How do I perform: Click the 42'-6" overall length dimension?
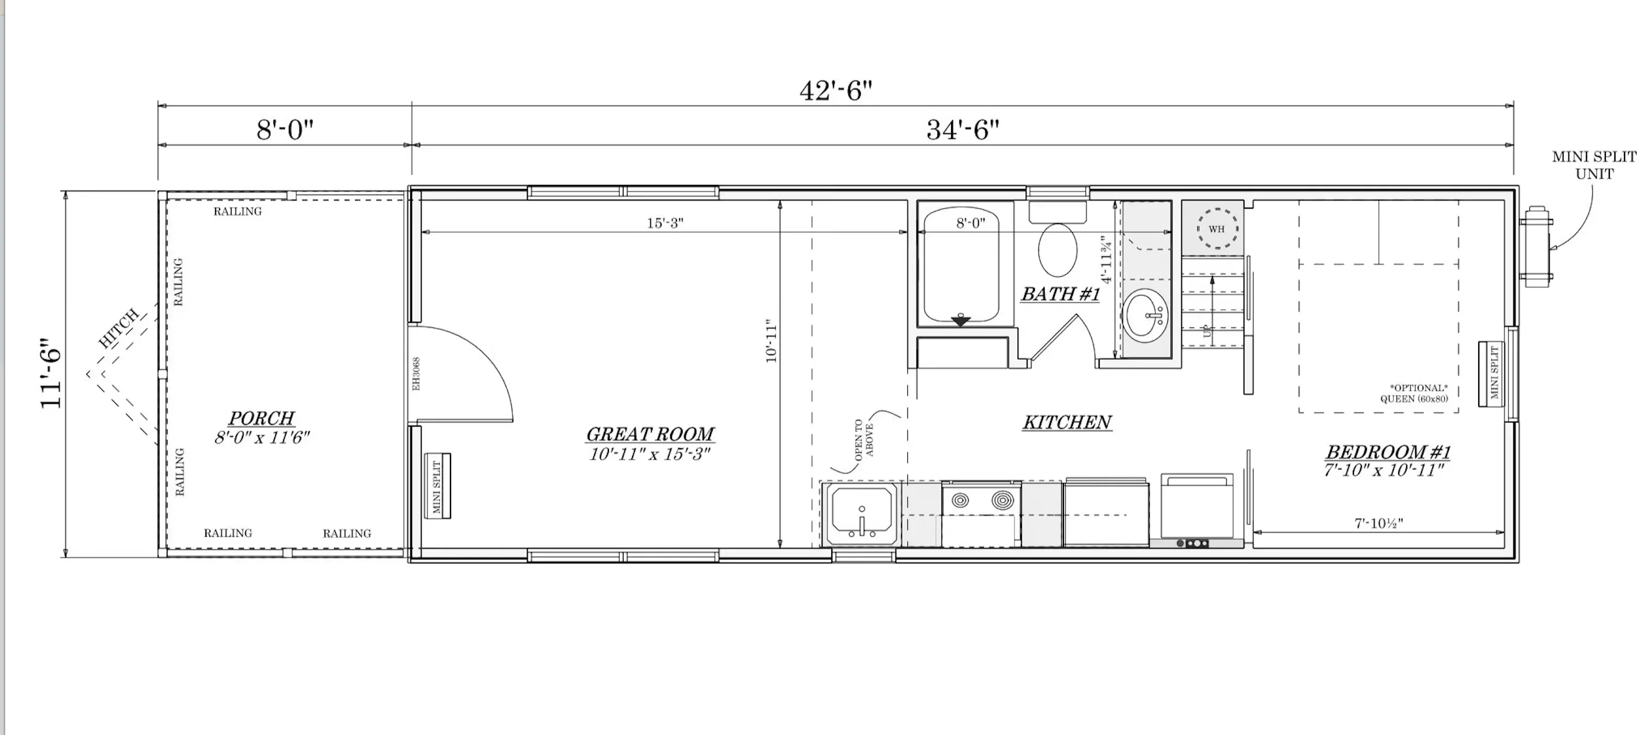point(836,90)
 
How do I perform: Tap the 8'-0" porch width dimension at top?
point(285,129)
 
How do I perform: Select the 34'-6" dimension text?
point(963,129)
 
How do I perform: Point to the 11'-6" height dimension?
point(51,373)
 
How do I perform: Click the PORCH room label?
point(262,418)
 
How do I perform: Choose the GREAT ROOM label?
point(650,434)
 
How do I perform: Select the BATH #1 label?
point(1060,294)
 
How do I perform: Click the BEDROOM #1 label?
point(1388,452)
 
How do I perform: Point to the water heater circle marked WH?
point(1217,229)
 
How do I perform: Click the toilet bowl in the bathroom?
point(1058,250)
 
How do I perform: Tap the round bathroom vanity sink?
point(1146,315)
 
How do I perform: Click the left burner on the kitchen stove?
point(960,500)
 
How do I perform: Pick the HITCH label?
point(119,328)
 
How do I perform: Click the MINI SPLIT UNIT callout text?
point(1594,165)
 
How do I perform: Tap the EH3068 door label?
point(416,375)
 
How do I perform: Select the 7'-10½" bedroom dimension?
point(1379,523)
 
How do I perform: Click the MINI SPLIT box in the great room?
point(438,486)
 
